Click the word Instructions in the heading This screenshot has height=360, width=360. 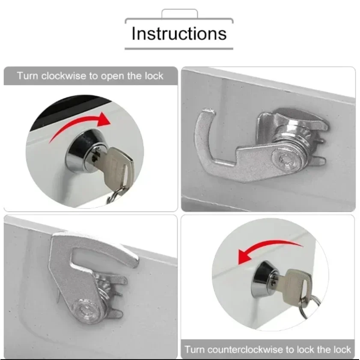point(179,33)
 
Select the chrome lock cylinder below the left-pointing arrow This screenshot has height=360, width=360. point(264,279)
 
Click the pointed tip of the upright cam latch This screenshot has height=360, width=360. point(134,261)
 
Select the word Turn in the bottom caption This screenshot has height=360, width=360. point(195,350)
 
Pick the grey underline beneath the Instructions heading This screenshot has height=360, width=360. point(179,49)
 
